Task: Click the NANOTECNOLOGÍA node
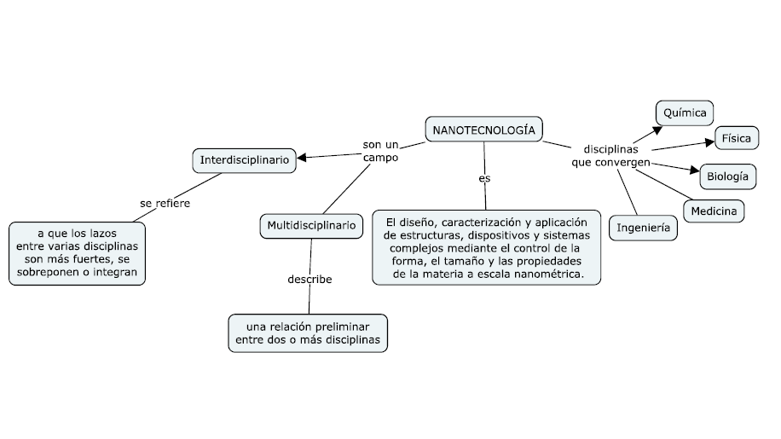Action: click(483, 130)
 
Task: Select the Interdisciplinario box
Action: click(245, 159)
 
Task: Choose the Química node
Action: click(685, 112)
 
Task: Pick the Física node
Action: click(736, 137)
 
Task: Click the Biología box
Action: click(727, 176)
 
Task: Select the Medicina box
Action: click(714, 211)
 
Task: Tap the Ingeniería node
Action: click(643, 228)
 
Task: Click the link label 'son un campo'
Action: click(380, 151)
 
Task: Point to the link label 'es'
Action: click(484, 178)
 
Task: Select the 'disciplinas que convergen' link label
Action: click(610, 155)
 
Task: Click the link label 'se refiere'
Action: click(165, 203)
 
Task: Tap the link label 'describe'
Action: click(310, 279)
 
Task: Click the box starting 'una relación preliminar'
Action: click(308, 332)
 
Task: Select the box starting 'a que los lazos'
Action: click(77, 253)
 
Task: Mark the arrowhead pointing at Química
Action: click(657, 129)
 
